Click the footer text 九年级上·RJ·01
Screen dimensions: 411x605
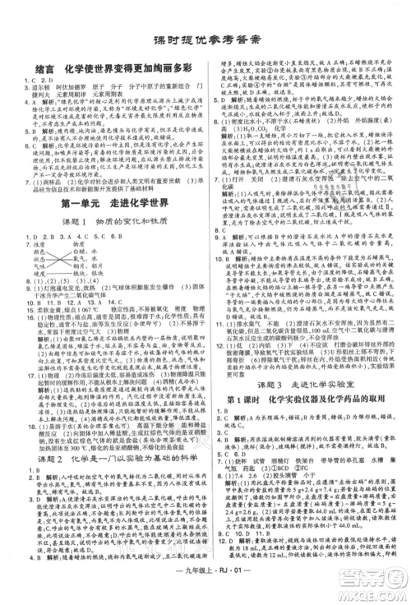pyautogui.click(x=205, y=590)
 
